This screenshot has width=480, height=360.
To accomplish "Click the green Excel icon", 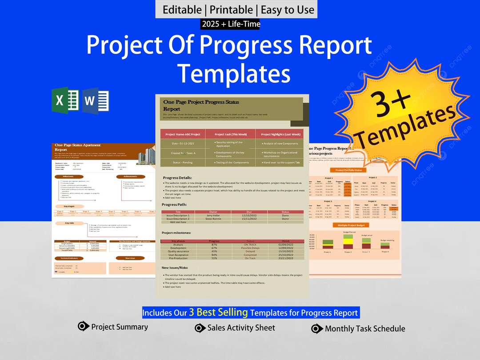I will click(x=65, y=100).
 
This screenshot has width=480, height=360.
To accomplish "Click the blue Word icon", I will click(x=95, y=100).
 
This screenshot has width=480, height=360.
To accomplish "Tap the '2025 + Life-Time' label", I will click(x=231, y=24).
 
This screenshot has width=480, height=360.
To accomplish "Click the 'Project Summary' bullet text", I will click(x=119, y=327).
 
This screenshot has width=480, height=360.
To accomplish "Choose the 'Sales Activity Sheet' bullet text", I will click(x=241, y=328).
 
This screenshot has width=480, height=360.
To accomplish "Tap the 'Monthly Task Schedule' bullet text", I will click(x=364, y=329).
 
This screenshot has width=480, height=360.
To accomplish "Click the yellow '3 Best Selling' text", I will click(x=218, y=312).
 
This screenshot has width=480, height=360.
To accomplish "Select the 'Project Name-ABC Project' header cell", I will click(x=183, y=134).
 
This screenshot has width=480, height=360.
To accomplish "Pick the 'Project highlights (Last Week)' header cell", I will click(x=280, y=134).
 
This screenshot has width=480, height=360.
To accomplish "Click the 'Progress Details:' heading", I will click(x=177, y=177).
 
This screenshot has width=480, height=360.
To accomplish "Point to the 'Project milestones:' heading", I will click(x=176, y=232).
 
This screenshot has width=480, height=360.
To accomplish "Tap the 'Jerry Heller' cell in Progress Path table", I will click(x=213, y=216).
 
